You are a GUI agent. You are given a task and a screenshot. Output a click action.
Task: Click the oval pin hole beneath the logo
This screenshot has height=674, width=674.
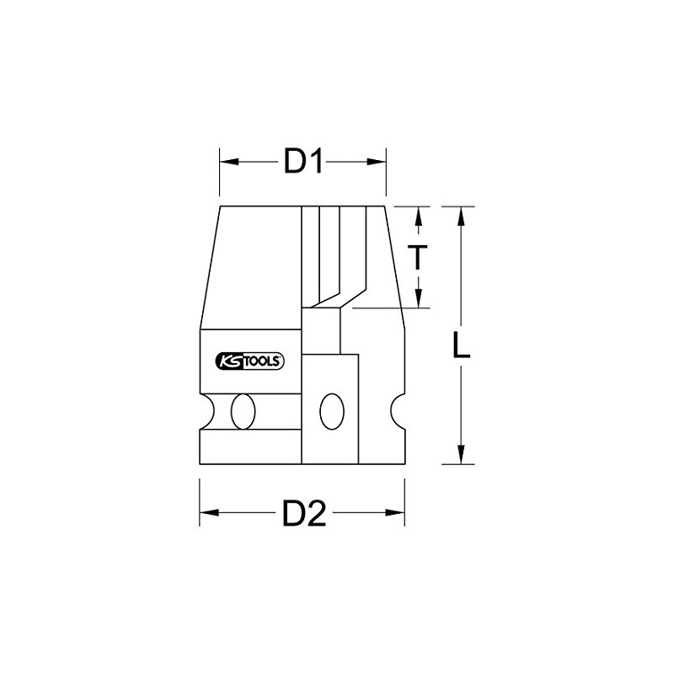[245, 411]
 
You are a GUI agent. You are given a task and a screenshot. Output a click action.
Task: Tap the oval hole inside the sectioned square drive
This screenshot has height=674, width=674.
[331, 411]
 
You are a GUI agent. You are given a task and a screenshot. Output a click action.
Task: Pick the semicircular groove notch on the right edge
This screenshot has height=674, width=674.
[400, 411]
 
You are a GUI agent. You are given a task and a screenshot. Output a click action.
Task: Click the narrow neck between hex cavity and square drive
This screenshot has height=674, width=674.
[329, 331]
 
